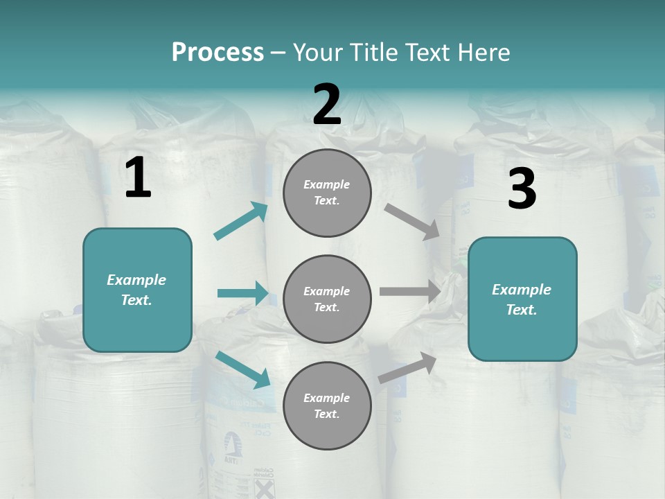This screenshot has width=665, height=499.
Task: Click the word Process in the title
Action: tap(218, 52)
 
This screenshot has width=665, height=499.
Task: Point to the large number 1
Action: tap(138, 178)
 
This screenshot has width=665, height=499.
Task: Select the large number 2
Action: tap(327, 105)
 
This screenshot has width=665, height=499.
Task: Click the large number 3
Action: tap(522, 189)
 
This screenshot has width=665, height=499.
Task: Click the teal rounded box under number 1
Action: tap(137, 290)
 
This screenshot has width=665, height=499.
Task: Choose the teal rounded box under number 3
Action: tap(522, 299)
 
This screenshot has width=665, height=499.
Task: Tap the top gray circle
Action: tap(327, 193)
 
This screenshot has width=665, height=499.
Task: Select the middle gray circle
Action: tap(327, 299)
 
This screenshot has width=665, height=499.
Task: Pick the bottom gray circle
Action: tap(327, 405)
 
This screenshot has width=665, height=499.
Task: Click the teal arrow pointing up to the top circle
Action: tap(241, 221)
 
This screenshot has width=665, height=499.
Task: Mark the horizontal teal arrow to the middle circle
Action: tap(242, 293)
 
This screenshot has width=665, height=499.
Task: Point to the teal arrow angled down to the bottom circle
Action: tap(242, 369)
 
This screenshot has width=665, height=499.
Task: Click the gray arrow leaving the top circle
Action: tap(412, 221)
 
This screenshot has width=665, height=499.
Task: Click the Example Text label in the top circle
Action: tap(327, 193)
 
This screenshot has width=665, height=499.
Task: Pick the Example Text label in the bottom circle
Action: tap(327, 405)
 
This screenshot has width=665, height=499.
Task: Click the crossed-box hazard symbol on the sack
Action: tap(264, 489)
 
